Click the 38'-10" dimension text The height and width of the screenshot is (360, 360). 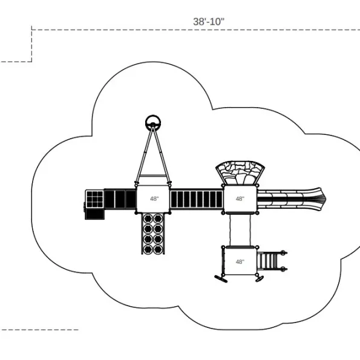click(x=208, y=22)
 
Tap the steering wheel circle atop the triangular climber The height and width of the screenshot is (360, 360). click(x=153, y=117)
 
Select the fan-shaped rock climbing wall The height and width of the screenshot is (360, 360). click(x=240, y=172)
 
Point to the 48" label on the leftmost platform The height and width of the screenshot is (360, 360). click(x=154, y=198)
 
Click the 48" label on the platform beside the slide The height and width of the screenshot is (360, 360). click(x=240, y=198)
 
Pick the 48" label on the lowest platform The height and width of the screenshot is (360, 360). click(x=240, y=262)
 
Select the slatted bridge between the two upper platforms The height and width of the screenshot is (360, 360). click(x=197, y=199)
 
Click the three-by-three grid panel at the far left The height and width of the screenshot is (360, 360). click(x=94, y=199)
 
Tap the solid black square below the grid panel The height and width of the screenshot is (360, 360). click(x=94, y=214)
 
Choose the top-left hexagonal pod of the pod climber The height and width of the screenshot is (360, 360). click(x=148, y=218)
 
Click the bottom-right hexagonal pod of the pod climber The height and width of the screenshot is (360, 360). click(x=158, y=249)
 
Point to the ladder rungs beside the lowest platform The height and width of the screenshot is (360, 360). click(x=268, y=261)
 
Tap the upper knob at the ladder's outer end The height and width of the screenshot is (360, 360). click(x=283, y=253)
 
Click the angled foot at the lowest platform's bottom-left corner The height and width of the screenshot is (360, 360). click(x=221, y=279)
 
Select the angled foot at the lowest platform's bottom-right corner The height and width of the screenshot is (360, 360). click(x=260, y=279)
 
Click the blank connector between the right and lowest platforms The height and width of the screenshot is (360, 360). click(x=240, y=230)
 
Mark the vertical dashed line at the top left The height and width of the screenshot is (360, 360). click(x=31, y=44)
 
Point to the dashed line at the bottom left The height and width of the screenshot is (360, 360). click(x=39, y=330)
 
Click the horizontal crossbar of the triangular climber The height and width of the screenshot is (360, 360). click(x=153, y=176)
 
